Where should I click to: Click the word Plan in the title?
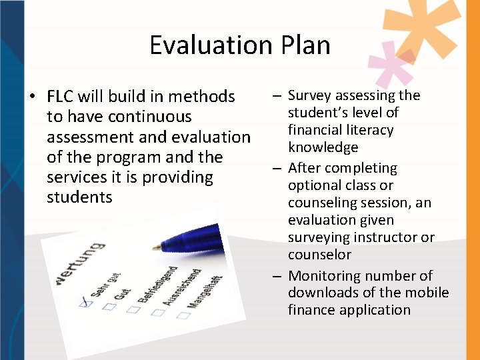tap(301, 45)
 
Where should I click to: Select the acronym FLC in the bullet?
tap(61, 97)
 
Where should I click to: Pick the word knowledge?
tap(323, 147)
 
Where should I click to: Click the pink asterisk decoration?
tap(392, 63)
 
